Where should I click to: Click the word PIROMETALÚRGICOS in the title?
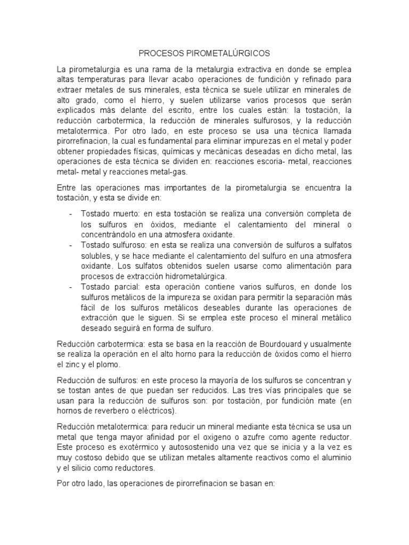(x=231, y=53)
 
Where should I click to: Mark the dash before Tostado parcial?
(x=71, y=286)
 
